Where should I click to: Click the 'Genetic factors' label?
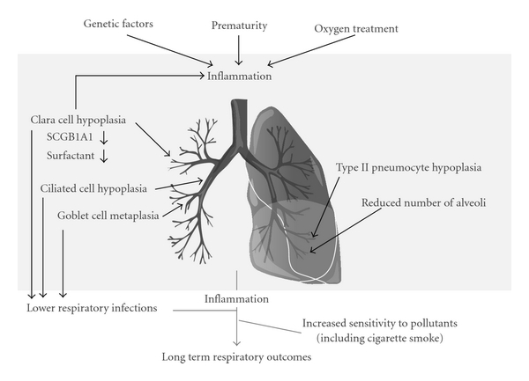[x=120, y=24]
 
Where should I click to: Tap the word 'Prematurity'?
[x=239, y=26]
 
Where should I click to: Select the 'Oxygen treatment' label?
[x=355, y=29]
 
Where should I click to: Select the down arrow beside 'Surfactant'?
[x=104, y=157]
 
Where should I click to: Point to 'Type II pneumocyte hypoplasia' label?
[x=406, y=166]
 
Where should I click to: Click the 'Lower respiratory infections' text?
[x=92, y=308]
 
